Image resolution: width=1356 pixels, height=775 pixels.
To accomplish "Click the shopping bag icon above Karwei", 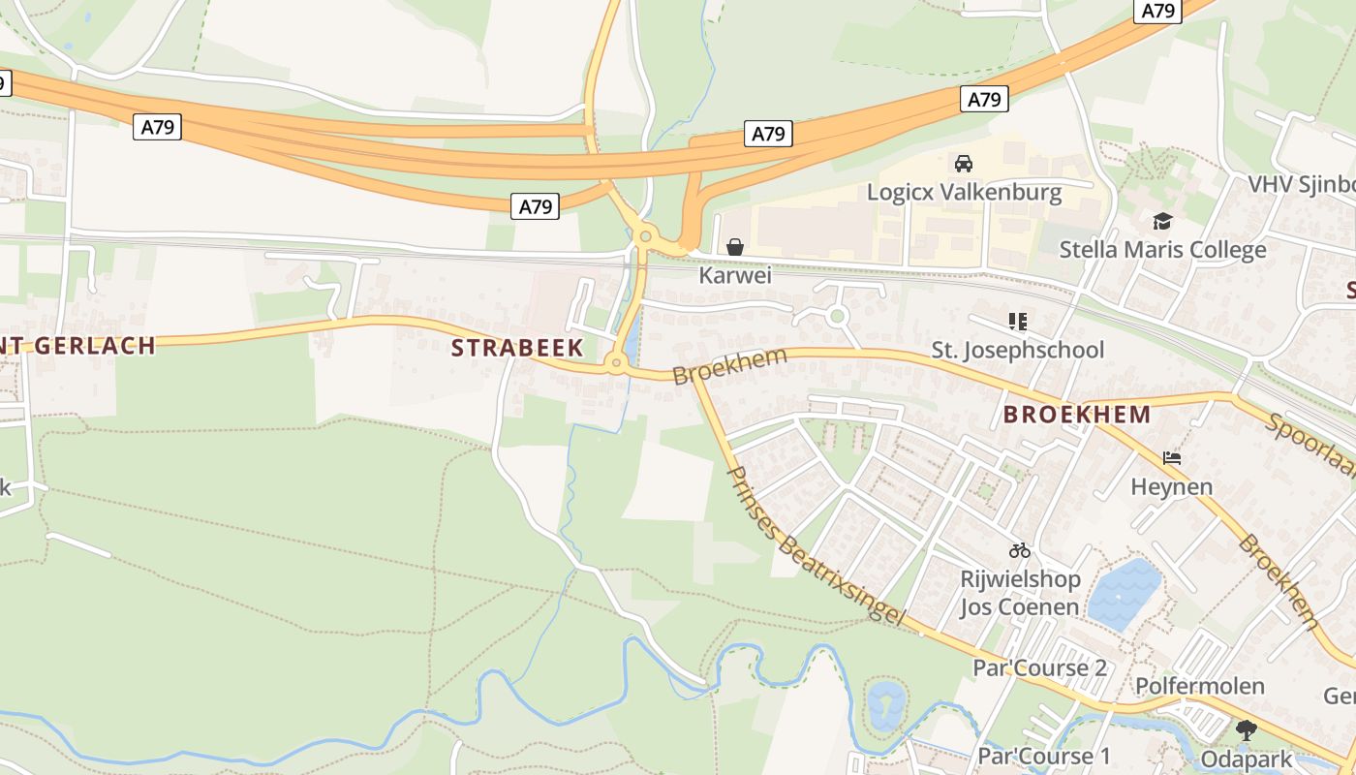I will point(735,247).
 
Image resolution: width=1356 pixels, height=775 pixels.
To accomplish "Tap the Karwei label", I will point(735,276).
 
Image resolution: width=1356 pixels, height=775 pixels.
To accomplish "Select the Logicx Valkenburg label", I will point(964,192).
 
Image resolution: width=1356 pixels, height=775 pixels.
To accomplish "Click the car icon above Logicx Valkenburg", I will point(963,163).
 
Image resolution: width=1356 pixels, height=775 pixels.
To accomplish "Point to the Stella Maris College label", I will point(1162,250).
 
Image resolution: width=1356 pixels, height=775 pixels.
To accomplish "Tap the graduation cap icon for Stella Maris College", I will point(1162,222).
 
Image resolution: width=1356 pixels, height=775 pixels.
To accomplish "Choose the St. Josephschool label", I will point(1017,350).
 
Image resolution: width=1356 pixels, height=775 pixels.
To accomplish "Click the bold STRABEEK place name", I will point(517,348).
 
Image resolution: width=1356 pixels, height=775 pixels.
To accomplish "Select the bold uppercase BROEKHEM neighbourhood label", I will point(1077,415).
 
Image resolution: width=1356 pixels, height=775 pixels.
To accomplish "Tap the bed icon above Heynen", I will point(1172,457).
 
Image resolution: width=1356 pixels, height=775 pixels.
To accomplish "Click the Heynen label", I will point(1171,486).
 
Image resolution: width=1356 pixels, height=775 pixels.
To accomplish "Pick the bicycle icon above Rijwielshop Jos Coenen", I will point(1019,550).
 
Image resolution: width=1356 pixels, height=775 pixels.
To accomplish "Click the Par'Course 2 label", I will point(1039,668).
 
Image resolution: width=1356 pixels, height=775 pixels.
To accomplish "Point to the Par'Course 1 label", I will point(1043,756).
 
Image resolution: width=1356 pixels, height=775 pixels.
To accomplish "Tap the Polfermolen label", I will point(1199,686).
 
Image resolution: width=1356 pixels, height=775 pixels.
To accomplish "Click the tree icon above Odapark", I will point(1246,729).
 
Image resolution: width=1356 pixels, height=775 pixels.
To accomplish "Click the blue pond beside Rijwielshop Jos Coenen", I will point(1125,593).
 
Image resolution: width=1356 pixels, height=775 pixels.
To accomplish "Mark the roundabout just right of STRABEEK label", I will point(615,364).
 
